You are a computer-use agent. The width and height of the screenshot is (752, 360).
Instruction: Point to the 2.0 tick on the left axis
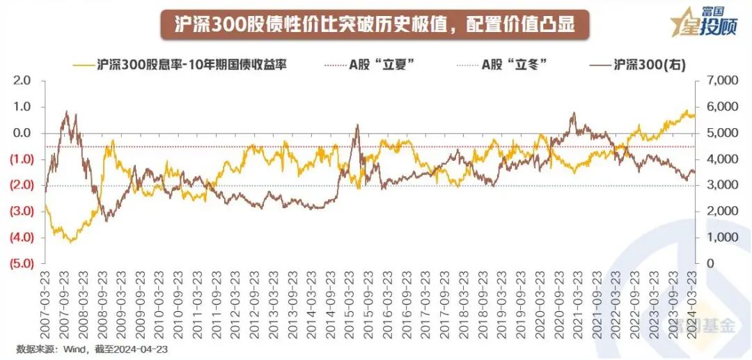pyautogui.click(x=22, y=81)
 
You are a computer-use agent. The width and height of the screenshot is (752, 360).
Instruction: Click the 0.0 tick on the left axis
pyautogui.click(x=22, y=133)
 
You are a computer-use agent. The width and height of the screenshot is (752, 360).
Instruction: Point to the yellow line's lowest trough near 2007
pyautogui.click(x=70, y=242)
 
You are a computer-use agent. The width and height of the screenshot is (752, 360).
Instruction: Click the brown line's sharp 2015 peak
pyautogui.click(x=357, y=125)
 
